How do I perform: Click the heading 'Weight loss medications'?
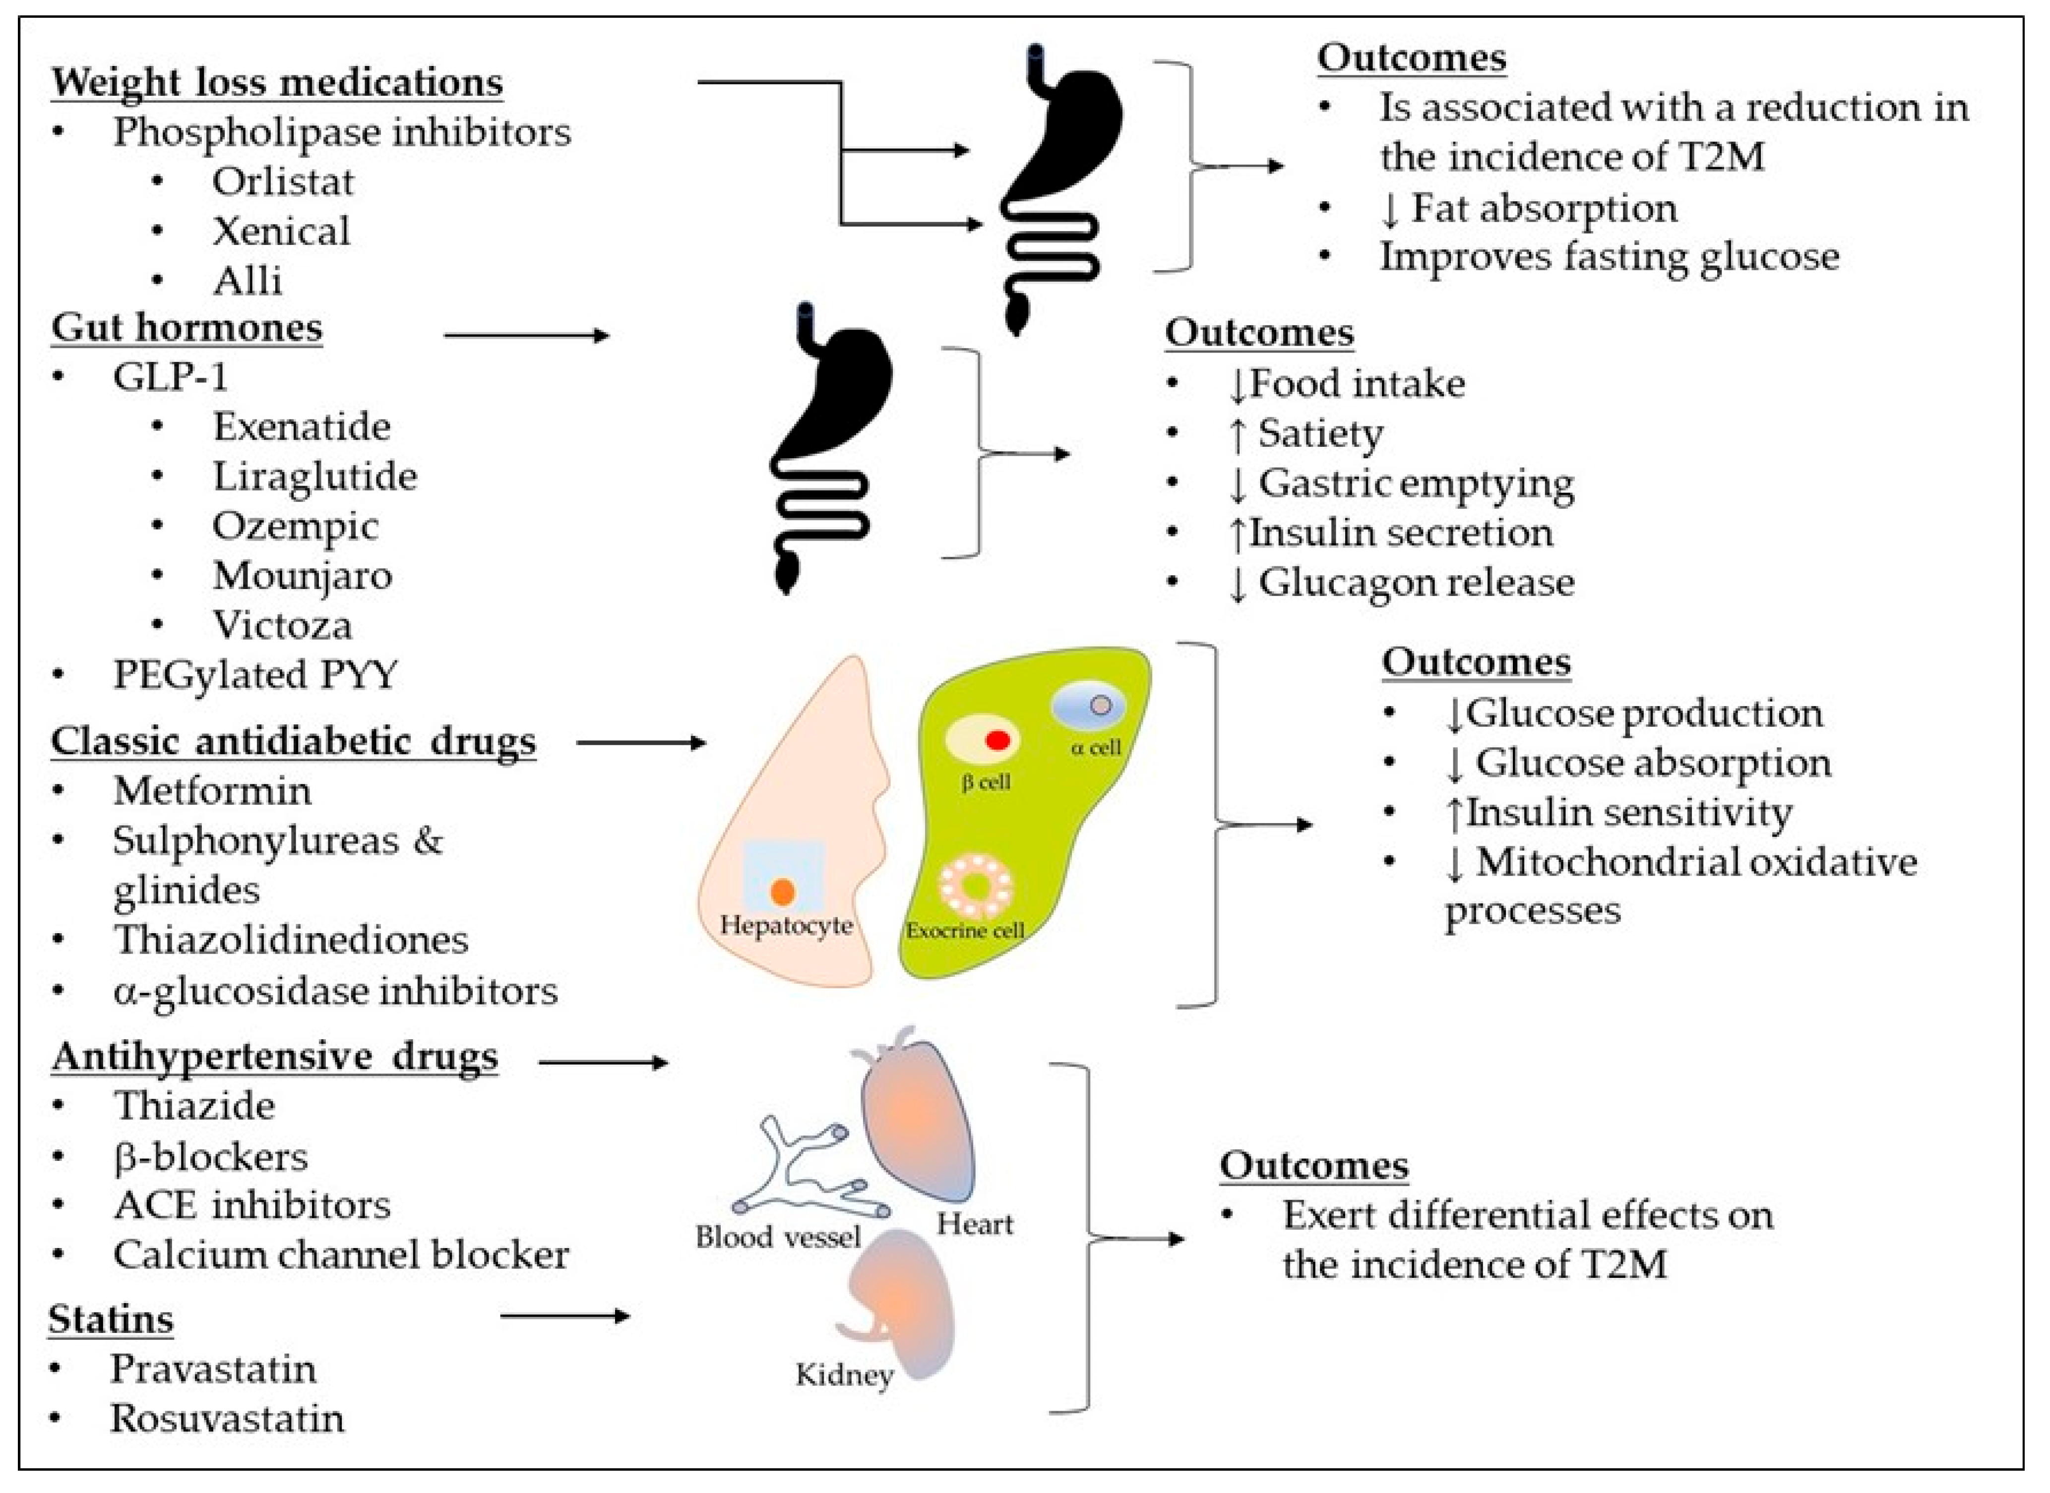[x=277, y=82]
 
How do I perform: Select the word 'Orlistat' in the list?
[x=282, y=181]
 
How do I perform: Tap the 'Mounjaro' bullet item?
[x=302, y=576]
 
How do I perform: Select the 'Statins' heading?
[x=110, y=1319]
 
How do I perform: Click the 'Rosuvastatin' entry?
[x=227, y=1418]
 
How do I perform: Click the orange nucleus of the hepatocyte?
[x=783, y=892]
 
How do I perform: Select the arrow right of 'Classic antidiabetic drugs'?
[x=640, y=743]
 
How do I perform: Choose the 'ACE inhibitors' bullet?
[x=252, y=1205]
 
